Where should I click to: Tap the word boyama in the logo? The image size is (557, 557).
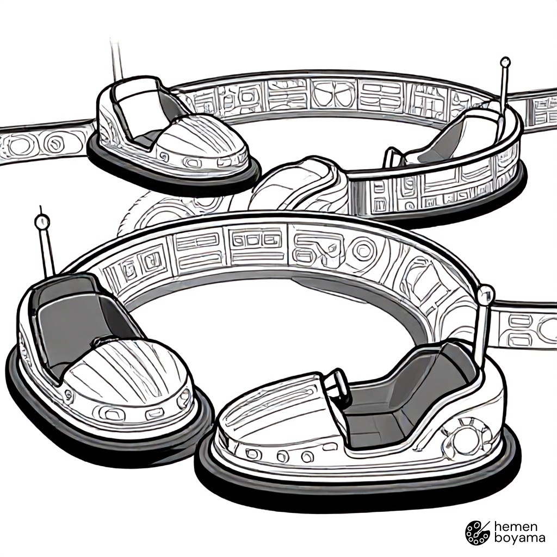coord(519,538)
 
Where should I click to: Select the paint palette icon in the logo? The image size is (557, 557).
coord(478,533)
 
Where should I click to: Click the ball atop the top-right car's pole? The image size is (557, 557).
coord(505,63)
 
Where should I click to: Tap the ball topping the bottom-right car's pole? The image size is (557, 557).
coord(486,294)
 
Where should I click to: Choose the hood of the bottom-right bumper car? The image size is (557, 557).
coord(270,401)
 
